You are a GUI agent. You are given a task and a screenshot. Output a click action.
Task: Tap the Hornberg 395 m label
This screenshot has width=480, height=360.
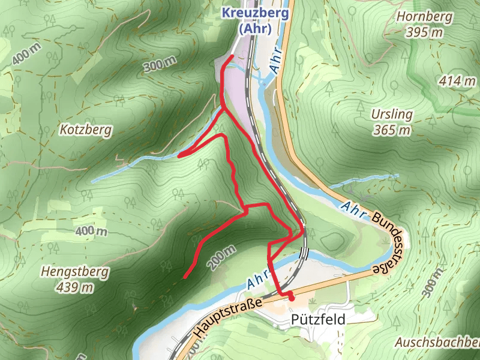pos(423,24)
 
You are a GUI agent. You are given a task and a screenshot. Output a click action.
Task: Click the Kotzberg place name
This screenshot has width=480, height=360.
pos(86,129)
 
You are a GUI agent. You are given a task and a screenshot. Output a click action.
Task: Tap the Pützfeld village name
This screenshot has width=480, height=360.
pos(318,320)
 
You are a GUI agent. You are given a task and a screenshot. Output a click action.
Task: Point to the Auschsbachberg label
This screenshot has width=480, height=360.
pos(437,343)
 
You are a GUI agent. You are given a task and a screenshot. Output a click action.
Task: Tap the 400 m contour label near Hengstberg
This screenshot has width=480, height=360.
pos(91,231)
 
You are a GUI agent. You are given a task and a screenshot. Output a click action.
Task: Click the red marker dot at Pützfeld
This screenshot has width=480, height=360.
pos(292,298)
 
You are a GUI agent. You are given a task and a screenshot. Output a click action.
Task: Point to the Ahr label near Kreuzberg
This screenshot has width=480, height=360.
pos(275,58)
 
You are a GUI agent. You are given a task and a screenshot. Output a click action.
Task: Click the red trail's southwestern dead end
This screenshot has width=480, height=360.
pos(184,278)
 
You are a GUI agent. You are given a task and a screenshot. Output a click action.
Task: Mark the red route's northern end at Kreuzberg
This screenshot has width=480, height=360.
pos(232,56)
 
